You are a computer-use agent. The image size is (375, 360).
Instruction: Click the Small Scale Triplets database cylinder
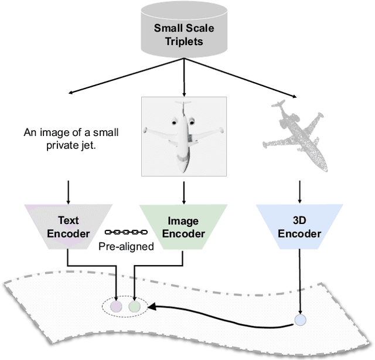184,32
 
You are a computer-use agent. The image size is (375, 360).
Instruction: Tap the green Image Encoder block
184,227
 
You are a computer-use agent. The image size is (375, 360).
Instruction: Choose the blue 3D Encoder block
299,227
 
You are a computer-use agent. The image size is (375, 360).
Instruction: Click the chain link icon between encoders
125,232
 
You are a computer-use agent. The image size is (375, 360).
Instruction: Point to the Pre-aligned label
125,246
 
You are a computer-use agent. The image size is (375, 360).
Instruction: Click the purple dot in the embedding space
117,306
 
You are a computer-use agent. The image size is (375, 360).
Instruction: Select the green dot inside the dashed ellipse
135,306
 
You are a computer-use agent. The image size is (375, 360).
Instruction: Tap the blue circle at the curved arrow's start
300,320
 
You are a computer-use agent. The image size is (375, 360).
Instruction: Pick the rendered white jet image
184,136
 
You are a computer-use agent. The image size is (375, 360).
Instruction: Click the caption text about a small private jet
71,138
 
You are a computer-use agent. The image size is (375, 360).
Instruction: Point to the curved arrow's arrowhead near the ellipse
151,307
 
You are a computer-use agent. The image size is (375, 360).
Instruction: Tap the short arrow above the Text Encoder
69,191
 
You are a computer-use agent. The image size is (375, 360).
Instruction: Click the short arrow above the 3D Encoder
299,191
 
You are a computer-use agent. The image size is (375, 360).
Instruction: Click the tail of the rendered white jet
184,108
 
